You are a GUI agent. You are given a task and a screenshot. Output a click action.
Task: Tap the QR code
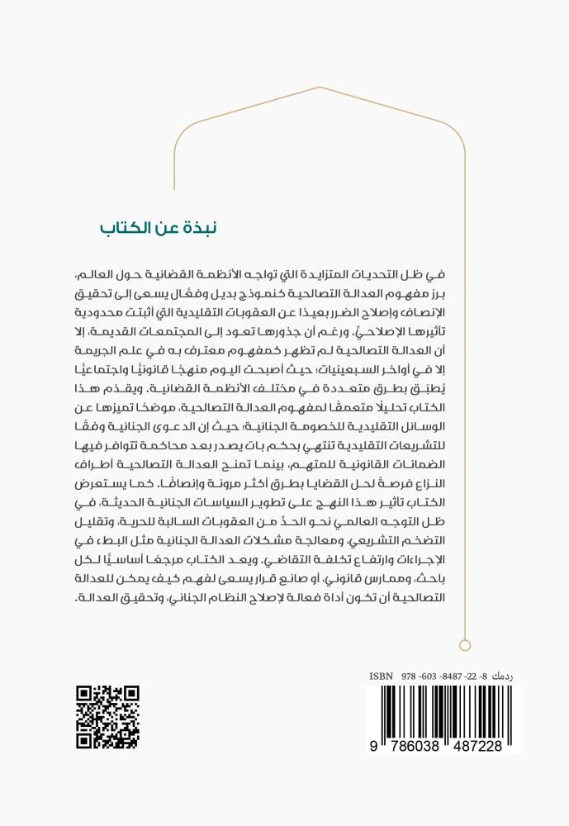(x=107, y=716)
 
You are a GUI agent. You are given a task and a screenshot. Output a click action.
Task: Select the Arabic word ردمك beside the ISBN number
(x=505, y=676)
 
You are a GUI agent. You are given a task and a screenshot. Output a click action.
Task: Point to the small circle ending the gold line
(x=464, y=645)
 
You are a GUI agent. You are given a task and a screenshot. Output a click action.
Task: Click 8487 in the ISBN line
(x=451, y=676)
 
